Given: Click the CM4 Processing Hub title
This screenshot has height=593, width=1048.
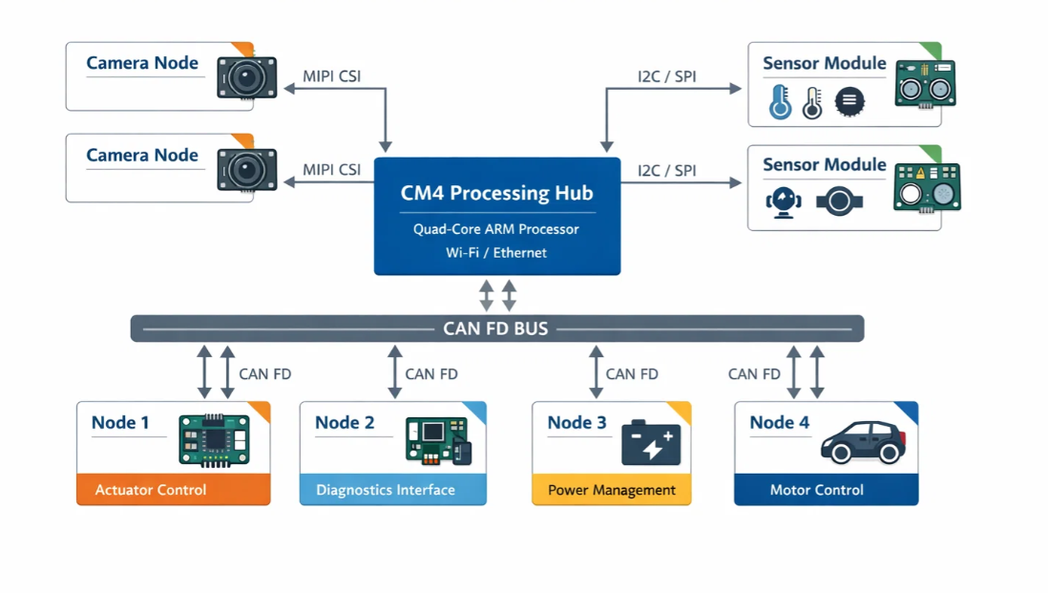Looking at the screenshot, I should (496, 193).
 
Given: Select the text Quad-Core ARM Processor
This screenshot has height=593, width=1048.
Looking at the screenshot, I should (496, 229).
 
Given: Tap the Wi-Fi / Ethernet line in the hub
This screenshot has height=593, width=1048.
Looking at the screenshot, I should (496, 253).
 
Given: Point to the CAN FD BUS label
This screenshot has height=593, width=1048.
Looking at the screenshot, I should (495, 328).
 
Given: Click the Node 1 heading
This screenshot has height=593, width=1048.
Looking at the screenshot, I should (120, 422).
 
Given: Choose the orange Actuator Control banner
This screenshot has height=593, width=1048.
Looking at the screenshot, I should (173, 490).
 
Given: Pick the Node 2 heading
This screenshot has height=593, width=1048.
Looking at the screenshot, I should (345, 422).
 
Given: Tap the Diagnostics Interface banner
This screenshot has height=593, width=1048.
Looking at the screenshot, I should (392, 490).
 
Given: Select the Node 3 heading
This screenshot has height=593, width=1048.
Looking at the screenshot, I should (576, 422).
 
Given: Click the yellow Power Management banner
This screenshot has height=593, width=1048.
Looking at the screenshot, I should (611, 490).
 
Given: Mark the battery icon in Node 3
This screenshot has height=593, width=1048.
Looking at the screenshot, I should (651, 443).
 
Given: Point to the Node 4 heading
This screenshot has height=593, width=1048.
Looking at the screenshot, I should (779, 422).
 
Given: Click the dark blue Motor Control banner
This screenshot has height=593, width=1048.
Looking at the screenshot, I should (826, 490).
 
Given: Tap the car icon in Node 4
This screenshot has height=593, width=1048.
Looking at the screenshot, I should (863, 441).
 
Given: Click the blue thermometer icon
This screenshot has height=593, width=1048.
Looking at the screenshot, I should (781, 102).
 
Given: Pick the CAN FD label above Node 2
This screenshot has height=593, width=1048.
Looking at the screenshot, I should (431, 373).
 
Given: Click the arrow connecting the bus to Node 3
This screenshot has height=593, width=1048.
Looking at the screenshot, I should (597, 371).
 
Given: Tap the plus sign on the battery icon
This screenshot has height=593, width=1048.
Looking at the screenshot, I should (667, 437).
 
